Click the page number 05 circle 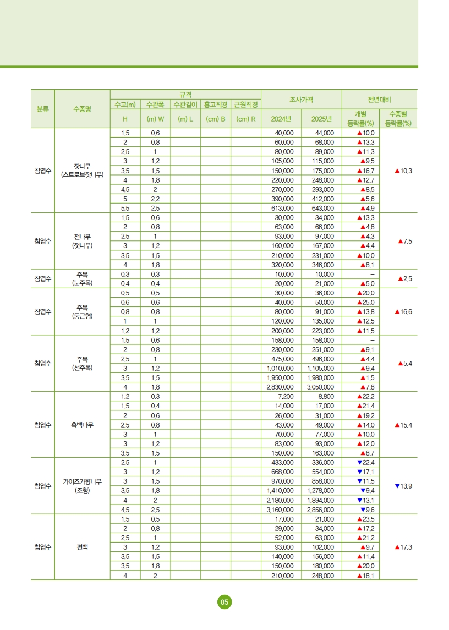click(224, 602)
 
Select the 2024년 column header click(281, 119)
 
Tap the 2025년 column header click(322, 119)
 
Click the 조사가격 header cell click(302, 99)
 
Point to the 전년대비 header click(380, 99)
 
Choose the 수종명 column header click(82, 109)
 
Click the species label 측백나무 click(82, 425)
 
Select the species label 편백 click(82, 547)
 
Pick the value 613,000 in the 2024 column click(284, 208)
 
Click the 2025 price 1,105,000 click(321, 368)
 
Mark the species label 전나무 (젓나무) click(82, 241)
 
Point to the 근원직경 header click(245, 104)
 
